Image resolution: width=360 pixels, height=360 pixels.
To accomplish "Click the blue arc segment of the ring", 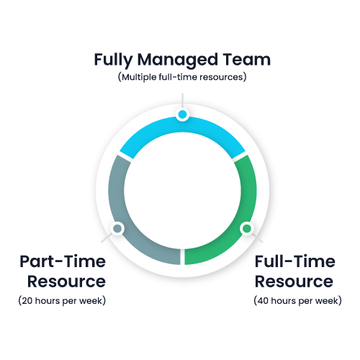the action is (x=182, y=125).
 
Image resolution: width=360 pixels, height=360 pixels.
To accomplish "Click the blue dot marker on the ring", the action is (x=182, y=114).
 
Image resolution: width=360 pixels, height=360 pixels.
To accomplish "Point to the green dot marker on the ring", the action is (x=247, y=228).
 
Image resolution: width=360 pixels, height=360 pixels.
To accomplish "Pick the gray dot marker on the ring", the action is (x=117, y=228).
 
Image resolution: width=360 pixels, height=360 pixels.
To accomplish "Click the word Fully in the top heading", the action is (x=113, y=60).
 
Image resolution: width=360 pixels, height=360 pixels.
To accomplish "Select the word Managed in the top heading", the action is (x=178, y=60).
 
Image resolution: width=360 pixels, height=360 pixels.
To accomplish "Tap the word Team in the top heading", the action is (x=246, y=59).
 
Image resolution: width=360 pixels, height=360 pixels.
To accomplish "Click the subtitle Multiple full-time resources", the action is (x=182, y=77).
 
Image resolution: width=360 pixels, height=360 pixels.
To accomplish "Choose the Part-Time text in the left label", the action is (x=63, y=261).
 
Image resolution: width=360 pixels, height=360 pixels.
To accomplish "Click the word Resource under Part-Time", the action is (x=66, y=282).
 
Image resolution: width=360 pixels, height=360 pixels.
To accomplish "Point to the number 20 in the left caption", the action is (x=27, y=301).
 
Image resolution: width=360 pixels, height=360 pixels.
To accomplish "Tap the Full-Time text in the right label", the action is (x=295, y=261).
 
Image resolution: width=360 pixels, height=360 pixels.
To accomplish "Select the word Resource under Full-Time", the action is (x=294, y=282).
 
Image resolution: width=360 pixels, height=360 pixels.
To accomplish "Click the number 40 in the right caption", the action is (x=263, y=301).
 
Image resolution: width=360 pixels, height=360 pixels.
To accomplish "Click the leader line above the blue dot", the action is (x=182, y=100).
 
